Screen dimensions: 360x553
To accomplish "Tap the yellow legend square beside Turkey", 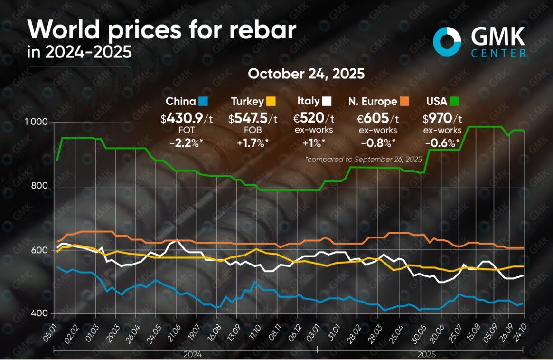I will [x=271, y=101].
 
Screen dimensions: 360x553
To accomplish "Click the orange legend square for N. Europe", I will [x=404, y=101].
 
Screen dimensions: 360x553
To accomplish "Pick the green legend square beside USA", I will [x=454, y=101].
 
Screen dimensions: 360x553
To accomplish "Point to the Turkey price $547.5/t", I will [x=253, y=117].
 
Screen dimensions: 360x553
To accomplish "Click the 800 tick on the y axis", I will [x=41, y=186].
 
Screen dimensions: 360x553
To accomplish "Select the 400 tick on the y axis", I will [x=41, y=313].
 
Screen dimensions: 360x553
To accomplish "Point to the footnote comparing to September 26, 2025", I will [x=364, y=160].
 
